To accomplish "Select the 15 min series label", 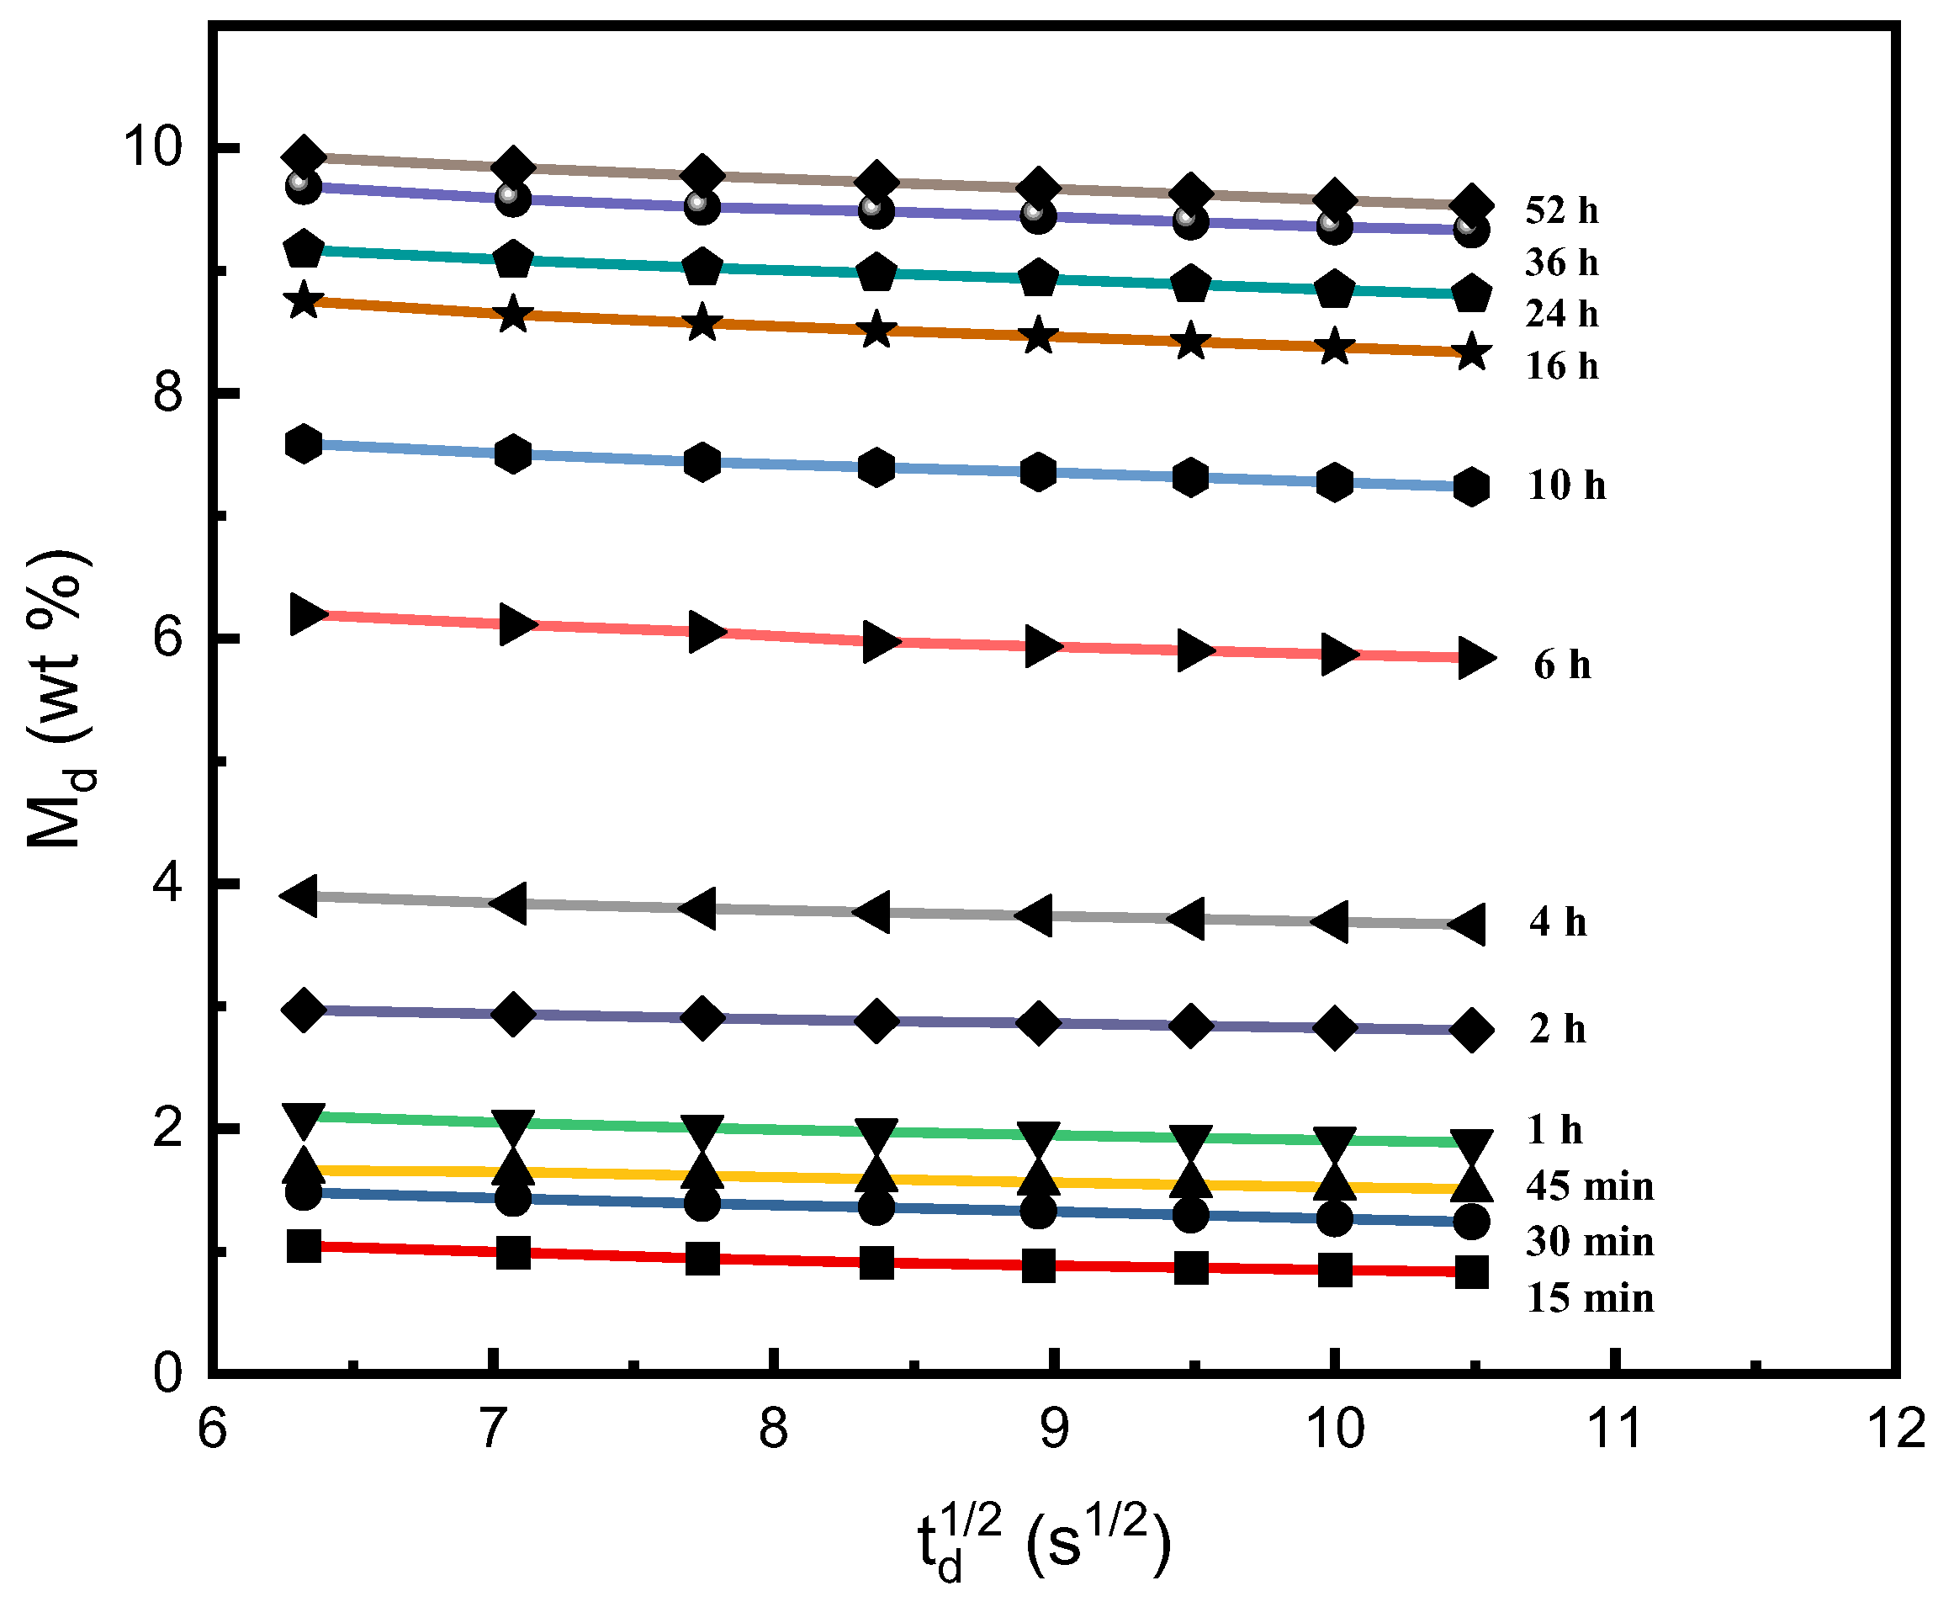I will [x=1588, y=1299].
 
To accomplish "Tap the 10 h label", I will [x=1565, y=485].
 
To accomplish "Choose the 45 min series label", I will [x=1588, y=1185].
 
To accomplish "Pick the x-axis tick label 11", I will [x=1613, y=1429].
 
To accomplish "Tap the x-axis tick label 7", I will [x=492, y=1429].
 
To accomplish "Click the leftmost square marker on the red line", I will [x=304, y=1246].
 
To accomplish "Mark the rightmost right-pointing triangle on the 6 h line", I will [x=1474, y=657].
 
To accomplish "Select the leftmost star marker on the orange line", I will [x=304, y=301].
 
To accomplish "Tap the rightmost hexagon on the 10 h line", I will [x=1471, y=486].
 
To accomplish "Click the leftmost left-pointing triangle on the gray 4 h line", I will [x=303, y=895].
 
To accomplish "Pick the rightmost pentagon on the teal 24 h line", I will [x=1471, y=294].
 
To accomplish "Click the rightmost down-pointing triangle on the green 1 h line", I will [x=1471, y=1144].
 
